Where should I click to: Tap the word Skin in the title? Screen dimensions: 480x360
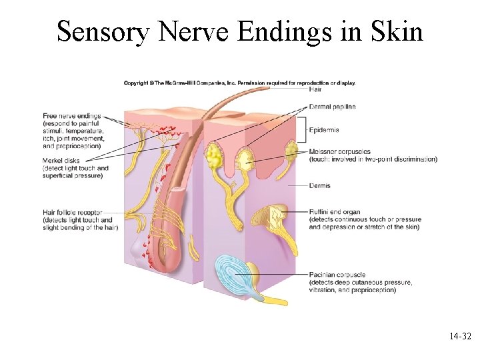pos(399,31)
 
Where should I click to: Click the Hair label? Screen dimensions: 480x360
pos(315,89)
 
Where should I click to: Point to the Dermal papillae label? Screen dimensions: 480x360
pos(332,107)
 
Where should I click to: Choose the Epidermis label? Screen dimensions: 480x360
pos(324,130)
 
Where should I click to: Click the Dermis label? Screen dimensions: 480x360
pos(319,185)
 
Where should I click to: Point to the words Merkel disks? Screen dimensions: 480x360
pos(62,161)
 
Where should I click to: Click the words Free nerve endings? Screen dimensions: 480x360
pos(71,116)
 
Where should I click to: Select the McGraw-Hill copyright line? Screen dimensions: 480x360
pos(240,83)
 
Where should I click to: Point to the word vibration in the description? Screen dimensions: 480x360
pos(324,289)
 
